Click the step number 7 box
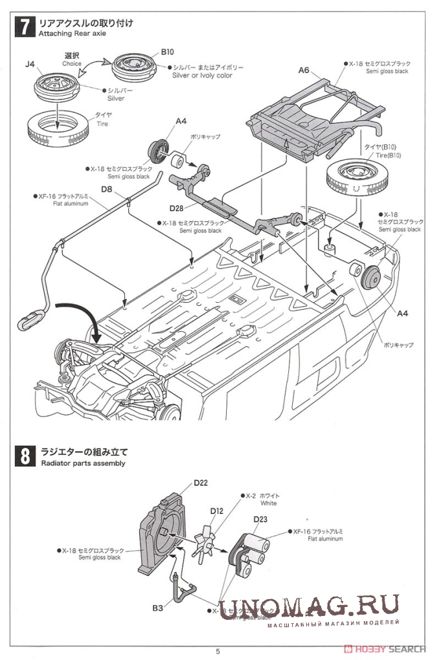(25, 28)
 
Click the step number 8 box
(23, 456)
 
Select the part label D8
(107, 190)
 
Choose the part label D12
(216, 511)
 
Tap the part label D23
(260, 518)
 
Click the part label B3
(157, 608)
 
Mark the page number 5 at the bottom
(218, 651)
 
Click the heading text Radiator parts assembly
(82, 463)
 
